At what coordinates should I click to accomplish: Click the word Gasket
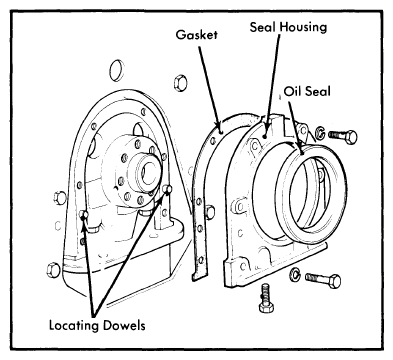[x=197, y=35]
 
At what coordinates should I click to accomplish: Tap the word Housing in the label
[x=303, y=27]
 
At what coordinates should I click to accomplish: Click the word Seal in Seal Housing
[x=263, y=27]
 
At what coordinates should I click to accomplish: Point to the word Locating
[x=74, y=325]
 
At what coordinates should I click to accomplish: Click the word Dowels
[x=124, y=325]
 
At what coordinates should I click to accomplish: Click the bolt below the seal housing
[x=266, y=297]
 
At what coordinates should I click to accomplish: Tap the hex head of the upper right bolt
[x=351, y=137]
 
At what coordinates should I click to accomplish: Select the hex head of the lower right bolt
[x=334, y=281]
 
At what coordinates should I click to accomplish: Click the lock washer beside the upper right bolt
[x=320, y=133]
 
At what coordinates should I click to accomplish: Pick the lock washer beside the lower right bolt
[x=295, y=273]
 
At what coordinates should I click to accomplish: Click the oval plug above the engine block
[x=116, y=70]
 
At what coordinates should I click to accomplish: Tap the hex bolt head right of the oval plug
[x=180, y=82]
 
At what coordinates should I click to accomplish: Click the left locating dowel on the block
[x=84, y=215]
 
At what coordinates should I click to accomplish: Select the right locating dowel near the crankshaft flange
[x=168, y=189]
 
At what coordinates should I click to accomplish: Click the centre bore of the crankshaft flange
[x=149, y=172]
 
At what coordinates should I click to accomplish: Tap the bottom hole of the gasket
[x=200, y=260]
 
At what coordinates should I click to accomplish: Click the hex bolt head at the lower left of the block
[x=53, y=270]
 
